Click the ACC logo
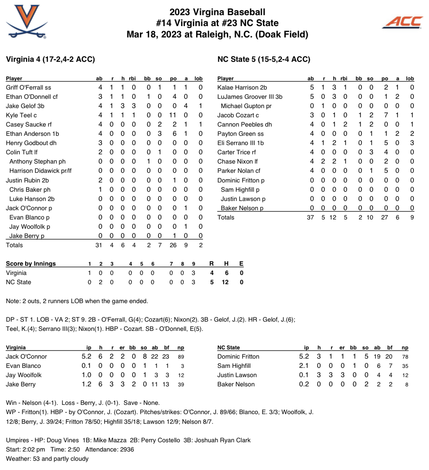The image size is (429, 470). click(402, 22)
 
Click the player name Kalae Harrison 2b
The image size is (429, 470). click(242, 87)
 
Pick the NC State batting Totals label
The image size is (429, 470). click(226, 217)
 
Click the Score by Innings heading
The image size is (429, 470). click(31, 264)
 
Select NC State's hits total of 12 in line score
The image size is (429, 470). click(225, 282)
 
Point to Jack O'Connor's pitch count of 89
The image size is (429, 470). click(181, 356)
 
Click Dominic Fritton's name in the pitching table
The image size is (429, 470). click(238, 356)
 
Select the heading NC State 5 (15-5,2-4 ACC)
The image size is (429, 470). click(264, 59)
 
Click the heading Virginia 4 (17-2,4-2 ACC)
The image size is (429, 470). click(50, 59)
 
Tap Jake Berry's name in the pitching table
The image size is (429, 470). click(21, 384)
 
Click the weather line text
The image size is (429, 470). click(47, 459)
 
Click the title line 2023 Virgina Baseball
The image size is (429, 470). click(217, 13)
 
